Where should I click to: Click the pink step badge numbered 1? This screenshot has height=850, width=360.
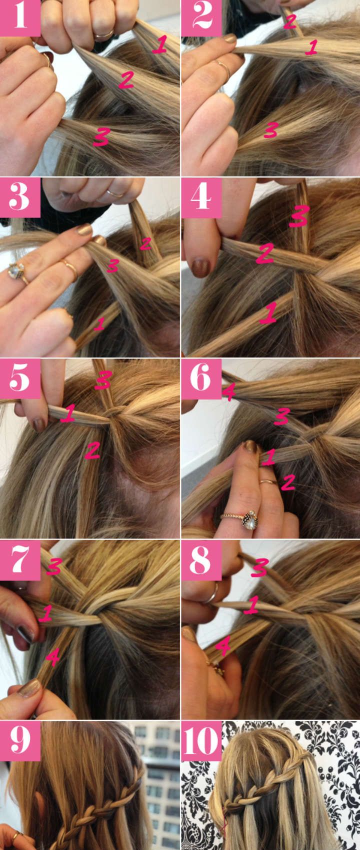point(20,18)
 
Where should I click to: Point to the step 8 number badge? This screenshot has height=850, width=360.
point(201,560)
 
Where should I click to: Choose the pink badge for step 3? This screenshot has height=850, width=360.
point(20,197)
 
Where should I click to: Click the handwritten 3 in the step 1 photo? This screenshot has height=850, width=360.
point(101,137)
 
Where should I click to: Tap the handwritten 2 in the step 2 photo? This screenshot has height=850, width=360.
point(289,21)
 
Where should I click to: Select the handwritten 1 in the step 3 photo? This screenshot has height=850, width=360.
point(99,323)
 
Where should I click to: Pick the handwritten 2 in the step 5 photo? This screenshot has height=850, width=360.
point(92,449)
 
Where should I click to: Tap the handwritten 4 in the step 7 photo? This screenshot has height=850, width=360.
point(52,657)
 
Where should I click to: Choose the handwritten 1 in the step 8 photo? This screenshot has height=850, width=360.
point(250,605)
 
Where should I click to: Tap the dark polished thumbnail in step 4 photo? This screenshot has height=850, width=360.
point(200,268)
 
